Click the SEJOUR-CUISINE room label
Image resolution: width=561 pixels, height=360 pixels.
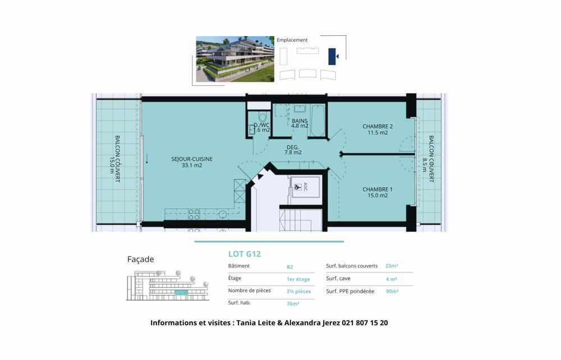(x=192, y=162)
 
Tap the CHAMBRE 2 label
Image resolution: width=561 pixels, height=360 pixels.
(x=377, y=130)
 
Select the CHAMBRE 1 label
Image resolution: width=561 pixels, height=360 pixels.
(x=377, y=192)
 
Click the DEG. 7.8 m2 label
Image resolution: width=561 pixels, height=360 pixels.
(x=293, y=150)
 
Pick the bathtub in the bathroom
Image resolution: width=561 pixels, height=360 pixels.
(x=318, y=121)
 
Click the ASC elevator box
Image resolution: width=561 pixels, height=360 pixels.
(x=305, y=187)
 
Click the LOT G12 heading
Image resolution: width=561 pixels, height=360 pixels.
(x=245, y=253)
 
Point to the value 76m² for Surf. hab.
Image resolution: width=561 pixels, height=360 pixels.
(x=293, y=304)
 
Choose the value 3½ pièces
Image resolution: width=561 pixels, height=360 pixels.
(x=298, y=291)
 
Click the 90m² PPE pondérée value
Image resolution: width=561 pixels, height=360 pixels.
(x=392, y=291)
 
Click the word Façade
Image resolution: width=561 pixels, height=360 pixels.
(x=141, y=259)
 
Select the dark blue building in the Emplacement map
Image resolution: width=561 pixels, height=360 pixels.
(x=332, y=56)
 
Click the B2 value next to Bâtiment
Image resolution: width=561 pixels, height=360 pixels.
(x=289, y=266)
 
